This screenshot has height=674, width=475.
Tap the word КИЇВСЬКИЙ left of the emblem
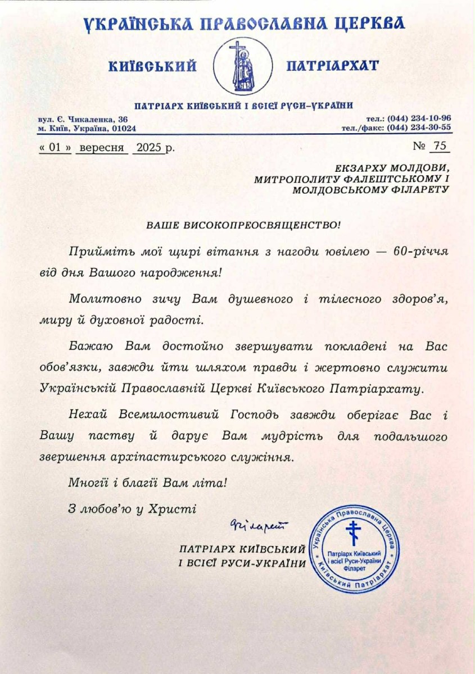click(153, 66)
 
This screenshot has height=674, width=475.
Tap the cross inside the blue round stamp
click(353, 532)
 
